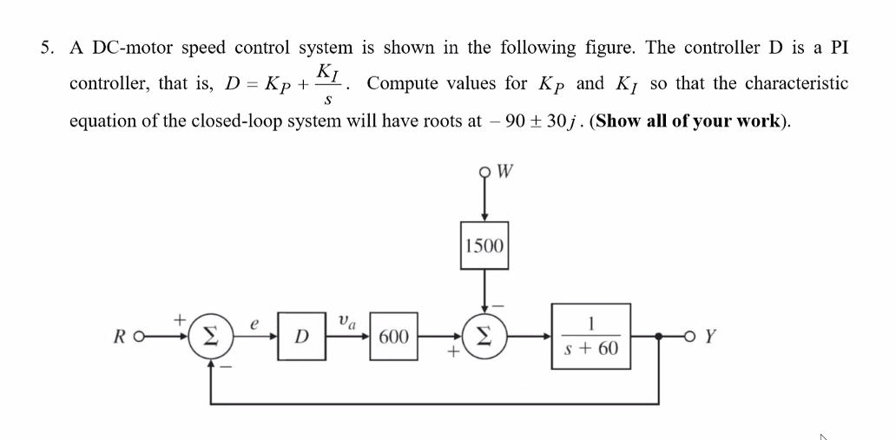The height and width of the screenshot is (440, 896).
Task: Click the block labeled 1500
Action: tap(483, 245)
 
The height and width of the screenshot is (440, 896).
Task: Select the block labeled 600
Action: tap(393, 336)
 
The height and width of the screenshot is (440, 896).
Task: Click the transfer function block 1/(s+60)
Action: tap(591, 336)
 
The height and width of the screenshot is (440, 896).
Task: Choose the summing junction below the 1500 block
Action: tap(483, 336)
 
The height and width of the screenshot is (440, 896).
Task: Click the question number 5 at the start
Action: tap(46, 48)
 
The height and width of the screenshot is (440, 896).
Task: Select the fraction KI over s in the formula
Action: tap(328, 83)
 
